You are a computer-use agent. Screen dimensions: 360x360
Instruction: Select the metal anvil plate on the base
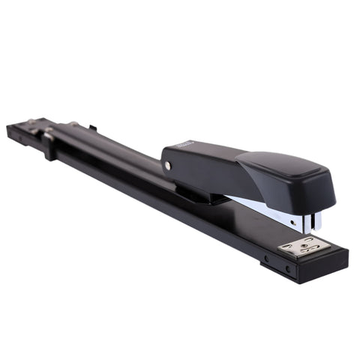[x=301, y=245]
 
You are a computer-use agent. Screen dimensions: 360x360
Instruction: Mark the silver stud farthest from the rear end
[x=74, y=124]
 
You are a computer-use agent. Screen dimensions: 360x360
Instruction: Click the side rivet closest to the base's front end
[x=287, y=268]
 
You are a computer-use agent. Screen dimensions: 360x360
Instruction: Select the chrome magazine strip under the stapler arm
[x=262, y=209]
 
